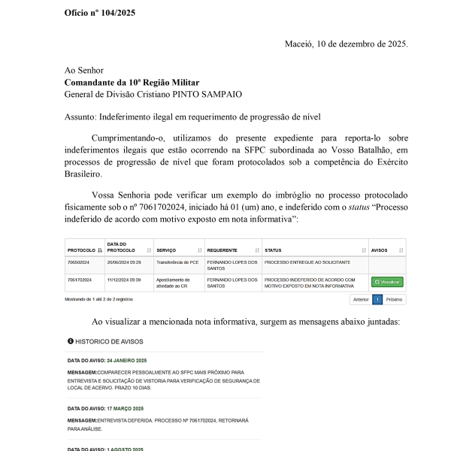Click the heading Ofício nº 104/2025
100,13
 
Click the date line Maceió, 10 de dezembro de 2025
346,44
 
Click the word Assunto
80,117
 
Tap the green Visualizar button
387,282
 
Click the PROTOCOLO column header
81,250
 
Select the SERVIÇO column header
166,250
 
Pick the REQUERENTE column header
222,250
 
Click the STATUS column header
274,250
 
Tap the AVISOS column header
380,250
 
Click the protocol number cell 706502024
79,263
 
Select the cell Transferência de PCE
177,263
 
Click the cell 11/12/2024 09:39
124,280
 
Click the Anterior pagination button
361,299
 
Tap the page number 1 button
377,299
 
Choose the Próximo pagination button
395,299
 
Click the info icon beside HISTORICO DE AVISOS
71,341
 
